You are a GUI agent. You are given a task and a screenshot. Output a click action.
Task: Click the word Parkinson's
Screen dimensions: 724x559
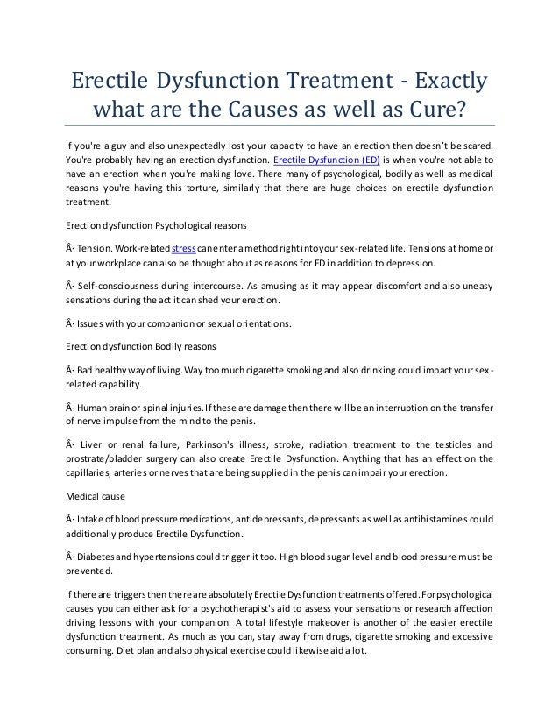[x=220, y=444]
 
